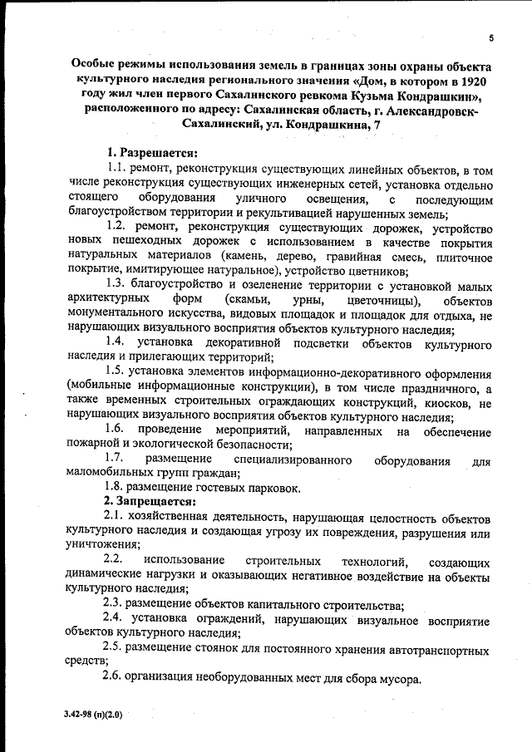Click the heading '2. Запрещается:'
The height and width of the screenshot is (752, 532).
tap(149, 501)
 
